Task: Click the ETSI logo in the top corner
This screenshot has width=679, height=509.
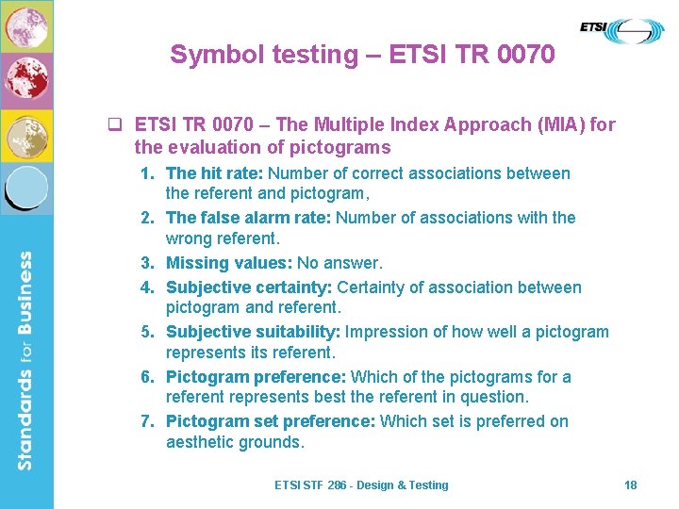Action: (x=621, y=30)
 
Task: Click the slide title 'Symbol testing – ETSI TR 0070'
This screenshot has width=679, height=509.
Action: (x=362, y=55)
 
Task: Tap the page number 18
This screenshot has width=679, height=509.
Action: (x=631, y=484)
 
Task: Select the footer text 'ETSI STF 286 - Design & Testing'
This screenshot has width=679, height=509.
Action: (x=361, y=484)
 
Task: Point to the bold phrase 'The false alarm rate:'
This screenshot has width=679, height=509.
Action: (x=249, y=218)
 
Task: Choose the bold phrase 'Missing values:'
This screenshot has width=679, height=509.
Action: (x=229, y=263)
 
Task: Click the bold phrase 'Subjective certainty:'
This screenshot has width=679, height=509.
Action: (x=249, y=287)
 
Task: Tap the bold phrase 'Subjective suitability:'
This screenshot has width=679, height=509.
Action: (x=253, y=332)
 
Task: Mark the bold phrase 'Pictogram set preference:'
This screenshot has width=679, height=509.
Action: (x=271, y=421)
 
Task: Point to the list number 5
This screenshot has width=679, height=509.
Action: (x=147, y=332)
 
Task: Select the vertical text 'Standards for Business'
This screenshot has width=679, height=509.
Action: (x=25, y=360)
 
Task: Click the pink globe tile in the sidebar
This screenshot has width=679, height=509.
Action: (x=26, y=25)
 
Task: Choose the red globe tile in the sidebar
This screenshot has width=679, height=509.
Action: (x=26, y=80)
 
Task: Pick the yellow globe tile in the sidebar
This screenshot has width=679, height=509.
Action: (x=26, y=135)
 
